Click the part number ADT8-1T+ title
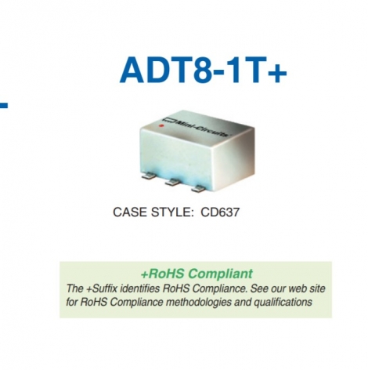click(x=203, y=70)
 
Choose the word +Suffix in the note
click(x=104, y=288)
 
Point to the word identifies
click(x=149, y=288)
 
